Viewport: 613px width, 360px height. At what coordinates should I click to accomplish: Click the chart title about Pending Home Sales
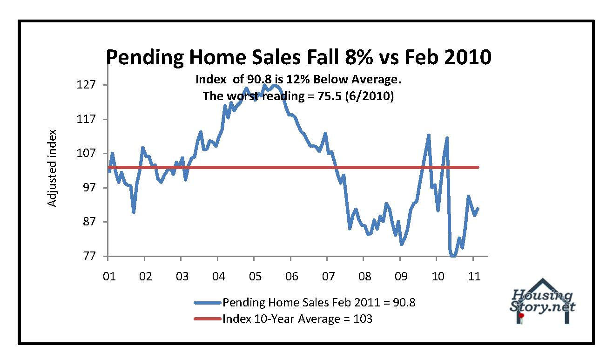(298, 57)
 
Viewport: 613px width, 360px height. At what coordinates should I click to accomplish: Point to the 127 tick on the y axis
(86, 85)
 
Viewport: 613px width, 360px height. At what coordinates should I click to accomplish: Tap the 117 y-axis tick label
(86, 119)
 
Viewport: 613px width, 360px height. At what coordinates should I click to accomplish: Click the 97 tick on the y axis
(88, 188)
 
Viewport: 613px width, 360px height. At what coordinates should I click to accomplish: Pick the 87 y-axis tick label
(88, 222)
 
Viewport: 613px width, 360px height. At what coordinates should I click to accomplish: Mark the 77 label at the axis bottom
(88, 256)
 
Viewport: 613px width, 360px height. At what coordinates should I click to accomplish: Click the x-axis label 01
(108, 276)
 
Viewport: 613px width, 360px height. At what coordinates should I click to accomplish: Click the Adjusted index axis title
(52, 168)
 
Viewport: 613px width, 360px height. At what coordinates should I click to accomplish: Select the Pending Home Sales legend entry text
(319, 302)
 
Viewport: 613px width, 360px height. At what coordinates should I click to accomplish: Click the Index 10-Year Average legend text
(297, 319)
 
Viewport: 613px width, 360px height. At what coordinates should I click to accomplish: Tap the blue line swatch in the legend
(207, 303)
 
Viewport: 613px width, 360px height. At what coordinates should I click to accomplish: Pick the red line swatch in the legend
(207, 319)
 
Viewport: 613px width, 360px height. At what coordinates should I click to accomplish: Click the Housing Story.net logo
(543, 301)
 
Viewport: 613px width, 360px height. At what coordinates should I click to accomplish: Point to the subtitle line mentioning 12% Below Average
(298, 80)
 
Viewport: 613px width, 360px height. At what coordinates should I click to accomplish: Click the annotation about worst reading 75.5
(298, 96)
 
